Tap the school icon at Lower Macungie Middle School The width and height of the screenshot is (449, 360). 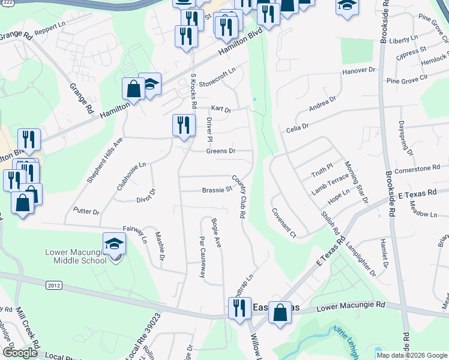114,244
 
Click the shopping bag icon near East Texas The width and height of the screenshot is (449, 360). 280,313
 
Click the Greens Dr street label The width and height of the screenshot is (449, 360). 220,151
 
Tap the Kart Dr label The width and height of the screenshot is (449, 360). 221,109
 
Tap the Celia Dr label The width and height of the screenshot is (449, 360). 297,127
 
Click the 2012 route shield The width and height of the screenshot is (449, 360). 53,286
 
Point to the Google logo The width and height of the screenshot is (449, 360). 19,353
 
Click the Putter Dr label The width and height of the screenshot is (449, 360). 86,211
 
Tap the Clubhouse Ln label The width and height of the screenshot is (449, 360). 131,176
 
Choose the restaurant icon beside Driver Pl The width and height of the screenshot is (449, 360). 184,125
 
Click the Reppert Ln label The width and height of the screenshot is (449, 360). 50,28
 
